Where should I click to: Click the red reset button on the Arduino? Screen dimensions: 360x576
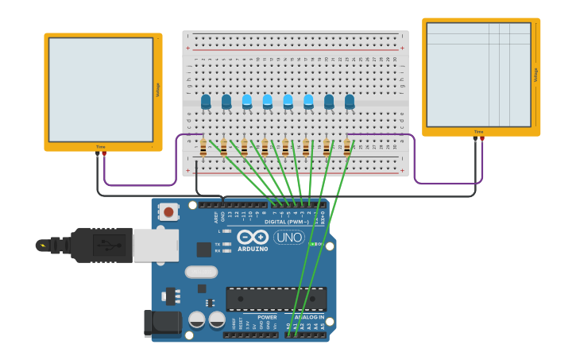coord(168,211)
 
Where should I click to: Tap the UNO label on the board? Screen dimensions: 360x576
coord(289,238)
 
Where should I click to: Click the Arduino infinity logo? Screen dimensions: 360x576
coord(253,237)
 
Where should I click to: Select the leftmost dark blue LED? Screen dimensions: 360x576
coord(206,102)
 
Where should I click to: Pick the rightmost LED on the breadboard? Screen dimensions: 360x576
coord(350,102)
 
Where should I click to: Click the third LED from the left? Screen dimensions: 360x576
coord(247,102)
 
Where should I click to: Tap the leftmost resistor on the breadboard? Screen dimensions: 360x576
coord(203,148)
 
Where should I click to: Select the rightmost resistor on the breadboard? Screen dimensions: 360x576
coord(346,148)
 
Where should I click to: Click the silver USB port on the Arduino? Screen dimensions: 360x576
coord(155,246)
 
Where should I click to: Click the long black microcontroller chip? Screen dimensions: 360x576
coord(276,299)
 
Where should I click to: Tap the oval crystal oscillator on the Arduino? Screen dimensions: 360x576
coord(201,272)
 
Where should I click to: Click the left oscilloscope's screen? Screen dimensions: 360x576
coord(100,90)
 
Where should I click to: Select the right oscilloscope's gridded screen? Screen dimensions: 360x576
coord(478,75)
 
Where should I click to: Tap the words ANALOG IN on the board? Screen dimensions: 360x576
coord(308,317)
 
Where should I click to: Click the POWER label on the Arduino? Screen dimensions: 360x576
coord(267,317)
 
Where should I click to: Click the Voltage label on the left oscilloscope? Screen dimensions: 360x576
coord(157,90)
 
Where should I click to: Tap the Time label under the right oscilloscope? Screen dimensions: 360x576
coord(478,132)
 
